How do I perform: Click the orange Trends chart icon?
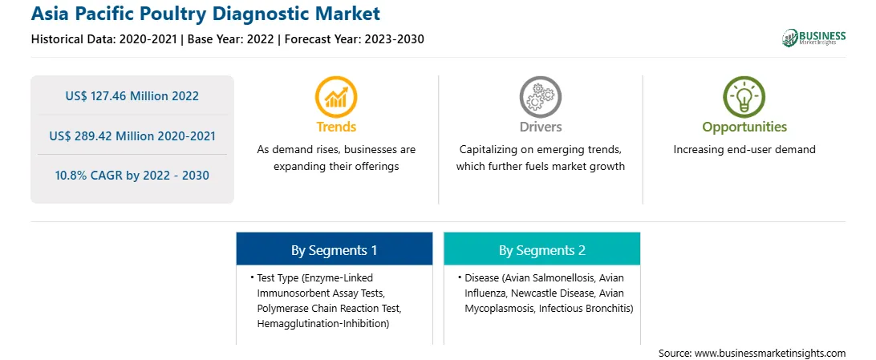(336, 96)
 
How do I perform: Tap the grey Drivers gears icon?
(540, 96)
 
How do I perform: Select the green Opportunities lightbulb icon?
(744, 96)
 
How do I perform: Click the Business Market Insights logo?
(814, 38)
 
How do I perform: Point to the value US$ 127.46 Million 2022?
(132, 96)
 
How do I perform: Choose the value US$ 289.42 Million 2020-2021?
(132, 136)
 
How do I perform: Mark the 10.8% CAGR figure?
(132, 176)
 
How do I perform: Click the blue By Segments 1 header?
(334, 250)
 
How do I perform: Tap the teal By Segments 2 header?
(542, 250)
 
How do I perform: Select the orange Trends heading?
(336, 127)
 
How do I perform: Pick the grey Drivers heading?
(540, 127)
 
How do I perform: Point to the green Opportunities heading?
(744, 127)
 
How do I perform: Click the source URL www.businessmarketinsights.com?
(770, 353)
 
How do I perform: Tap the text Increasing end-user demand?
(744, 150)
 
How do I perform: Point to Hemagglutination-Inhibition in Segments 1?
(323, 324)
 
